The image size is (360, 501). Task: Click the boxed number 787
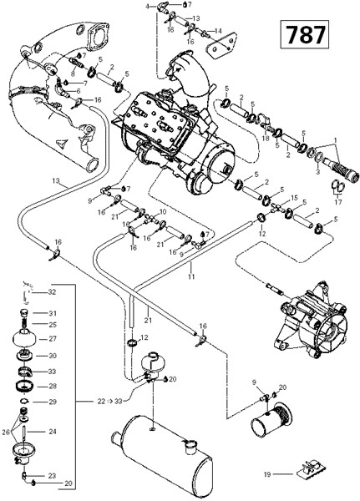click(x=305, y=34)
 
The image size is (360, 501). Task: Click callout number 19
click(x=267, y=474)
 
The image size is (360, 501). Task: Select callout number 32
click(x=52, y=292)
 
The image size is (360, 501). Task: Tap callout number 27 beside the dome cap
click(x=52, y=339)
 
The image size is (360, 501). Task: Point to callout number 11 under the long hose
click(x=191, y=276)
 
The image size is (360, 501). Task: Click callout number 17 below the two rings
click(x=338, y=201)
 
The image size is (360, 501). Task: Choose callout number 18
click(x=266, y=139)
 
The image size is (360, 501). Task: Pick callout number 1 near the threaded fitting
click(x=336, y=140)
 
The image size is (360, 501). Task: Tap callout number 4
click(x=147, y=6)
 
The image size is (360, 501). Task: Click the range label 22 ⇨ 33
click(x=109, y=401)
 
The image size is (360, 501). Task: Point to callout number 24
click(x=53, y=432)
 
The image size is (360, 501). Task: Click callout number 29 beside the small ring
click(x=52, y=402)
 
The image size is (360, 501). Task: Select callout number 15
click(x=294, y=198)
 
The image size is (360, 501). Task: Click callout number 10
click(x=163, y=211)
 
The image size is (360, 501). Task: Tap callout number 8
click(x=73, y=73)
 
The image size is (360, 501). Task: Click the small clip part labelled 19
click(x=312, y=473)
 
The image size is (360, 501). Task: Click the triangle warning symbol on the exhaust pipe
click(x=61, y=143)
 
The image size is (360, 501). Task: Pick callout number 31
click(x=53, y=313)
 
